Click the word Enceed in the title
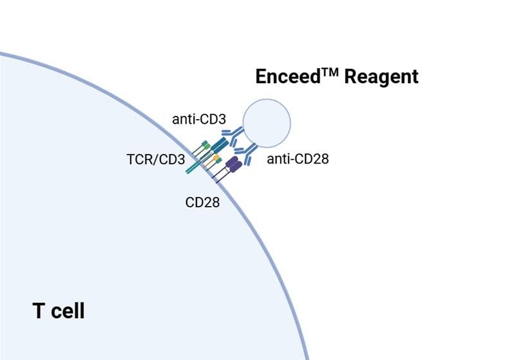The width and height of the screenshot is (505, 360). pos(284,77)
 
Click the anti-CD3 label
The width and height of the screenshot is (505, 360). pos(198,119)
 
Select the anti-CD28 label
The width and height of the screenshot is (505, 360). pos(298,158)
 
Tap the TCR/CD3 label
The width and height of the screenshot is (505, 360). pos(155,158)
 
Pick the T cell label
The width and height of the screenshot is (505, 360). pos(59,311)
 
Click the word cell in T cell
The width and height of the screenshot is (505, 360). pos(67,311)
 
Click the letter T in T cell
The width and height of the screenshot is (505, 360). pos(38,311)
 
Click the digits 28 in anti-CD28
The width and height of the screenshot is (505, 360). pos(320,158)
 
